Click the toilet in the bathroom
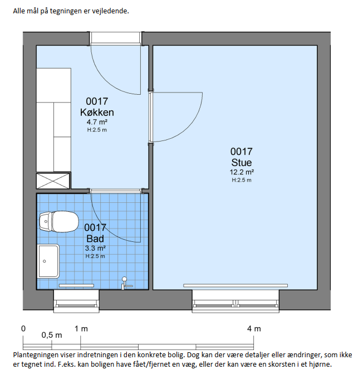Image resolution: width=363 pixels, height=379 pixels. [x=59, y=222]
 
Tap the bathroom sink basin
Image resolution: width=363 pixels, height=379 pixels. [x=48, y=261]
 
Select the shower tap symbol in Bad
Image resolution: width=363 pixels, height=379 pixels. [x=126, y=283]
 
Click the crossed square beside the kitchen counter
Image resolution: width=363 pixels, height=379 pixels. [x=53, y=181]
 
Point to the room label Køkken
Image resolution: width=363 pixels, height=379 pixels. [x=97, y=113]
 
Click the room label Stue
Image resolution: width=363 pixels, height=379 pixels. [x=242, y=162]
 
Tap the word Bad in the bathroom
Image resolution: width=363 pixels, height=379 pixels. [x=95, y=239]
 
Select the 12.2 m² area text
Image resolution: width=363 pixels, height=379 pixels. [x=242, y=172]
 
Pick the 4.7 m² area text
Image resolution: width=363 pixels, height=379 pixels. [x=97, y=122]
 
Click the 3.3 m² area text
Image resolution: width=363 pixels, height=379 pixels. [x=95, y=248]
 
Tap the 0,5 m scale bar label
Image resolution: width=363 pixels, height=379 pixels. [x=52, y=335]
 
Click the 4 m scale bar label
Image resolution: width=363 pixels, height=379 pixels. [x=254, y=329]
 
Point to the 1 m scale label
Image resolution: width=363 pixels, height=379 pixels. [x=81, y=329]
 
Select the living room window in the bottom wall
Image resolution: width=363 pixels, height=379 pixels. [x=236, y=302]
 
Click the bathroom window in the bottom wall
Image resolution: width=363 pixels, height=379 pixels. [x=76, y=302]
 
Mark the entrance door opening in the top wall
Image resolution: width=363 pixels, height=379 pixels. [x=115, y=38]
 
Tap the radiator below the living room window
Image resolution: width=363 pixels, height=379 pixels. [x=236, y=285]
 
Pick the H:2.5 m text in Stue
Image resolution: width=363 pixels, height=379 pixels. [x=242, y=180]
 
